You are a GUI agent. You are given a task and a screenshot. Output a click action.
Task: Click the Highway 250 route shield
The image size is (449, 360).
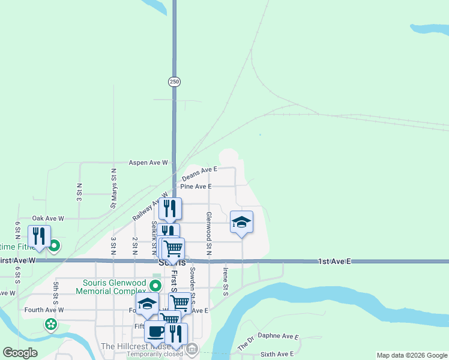point(174,82)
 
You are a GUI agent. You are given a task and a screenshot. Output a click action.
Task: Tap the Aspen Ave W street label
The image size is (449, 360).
point(148,163)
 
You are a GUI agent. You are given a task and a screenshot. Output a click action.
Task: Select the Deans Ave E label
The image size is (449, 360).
point(199,173)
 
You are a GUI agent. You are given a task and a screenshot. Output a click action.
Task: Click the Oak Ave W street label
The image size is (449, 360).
point(48,218)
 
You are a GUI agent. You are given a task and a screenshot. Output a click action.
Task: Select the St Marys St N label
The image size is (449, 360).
point(113,188)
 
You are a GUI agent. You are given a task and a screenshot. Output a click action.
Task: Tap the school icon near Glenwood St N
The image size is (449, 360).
point(241,223)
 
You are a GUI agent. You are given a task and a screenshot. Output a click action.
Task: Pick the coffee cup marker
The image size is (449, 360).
point(155,331)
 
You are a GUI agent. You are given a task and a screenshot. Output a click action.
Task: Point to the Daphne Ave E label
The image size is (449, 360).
point(278,337)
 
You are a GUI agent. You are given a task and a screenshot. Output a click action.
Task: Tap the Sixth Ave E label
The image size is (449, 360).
point(277,355)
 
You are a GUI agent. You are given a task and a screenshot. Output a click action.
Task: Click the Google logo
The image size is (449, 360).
point(20,353)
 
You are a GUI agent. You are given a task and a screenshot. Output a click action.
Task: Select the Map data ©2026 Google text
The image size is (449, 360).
point(411,355)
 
